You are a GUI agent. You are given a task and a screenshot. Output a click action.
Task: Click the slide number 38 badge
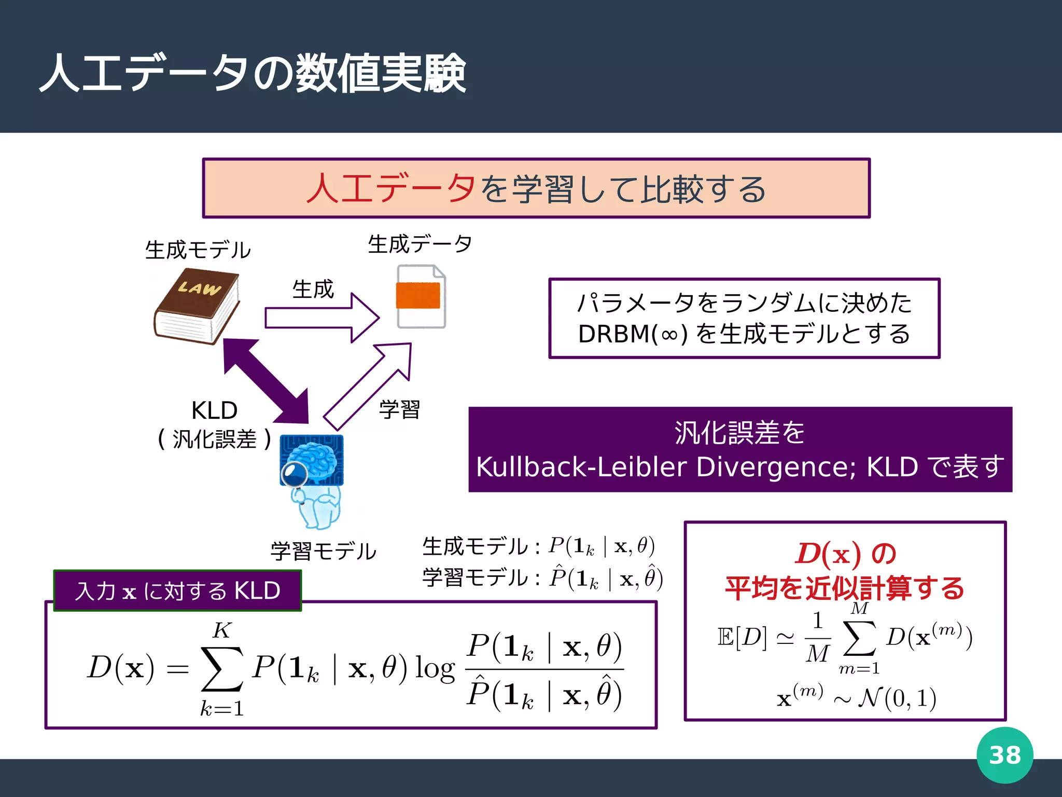click(1004, 755)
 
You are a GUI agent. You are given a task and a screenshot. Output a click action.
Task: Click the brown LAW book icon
click(197, 306)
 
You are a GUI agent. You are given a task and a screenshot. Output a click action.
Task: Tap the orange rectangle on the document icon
click(418, 296)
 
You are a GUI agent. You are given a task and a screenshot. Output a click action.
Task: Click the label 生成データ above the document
click(420, 244)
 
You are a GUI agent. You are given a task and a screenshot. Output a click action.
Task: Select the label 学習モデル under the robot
click(324, 551)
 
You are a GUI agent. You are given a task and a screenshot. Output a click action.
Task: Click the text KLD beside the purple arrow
click(214, 410)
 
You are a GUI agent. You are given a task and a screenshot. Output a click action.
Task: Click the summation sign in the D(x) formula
click(222, 668)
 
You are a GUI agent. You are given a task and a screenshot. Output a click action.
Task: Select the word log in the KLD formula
click(435, 669)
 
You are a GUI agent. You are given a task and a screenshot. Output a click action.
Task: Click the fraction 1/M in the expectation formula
click(818, 637)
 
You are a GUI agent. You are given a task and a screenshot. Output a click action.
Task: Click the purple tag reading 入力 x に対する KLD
click(177, 591)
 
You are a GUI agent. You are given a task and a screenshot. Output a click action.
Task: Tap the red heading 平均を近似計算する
click(845, 588)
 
